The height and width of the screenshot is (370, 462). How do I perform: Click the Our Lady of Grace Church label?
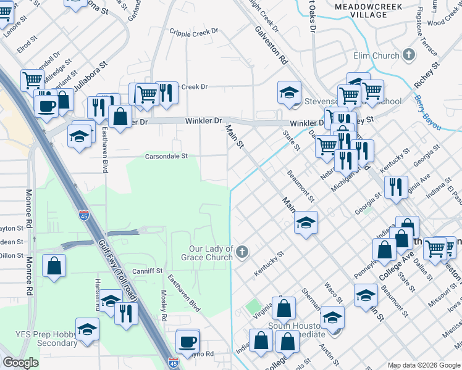[x=211, y=253]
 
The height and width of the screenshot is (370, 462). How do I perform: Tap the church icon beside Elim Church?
[x=408, y=55]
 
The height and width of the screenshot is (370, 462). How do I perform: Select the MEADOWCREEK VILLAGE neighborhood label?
[x=367, y=10]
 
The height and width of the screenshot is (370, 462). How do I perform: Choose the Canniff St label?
[x=146, y=271]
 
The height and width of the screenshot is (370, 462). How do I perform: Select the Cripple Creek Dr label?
[x=194, y=31]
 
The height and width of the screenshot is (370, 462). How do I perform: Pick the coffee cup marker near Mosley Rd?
[x=187, y=341]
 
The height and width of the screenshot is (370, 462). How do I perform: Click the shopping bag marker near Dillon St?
[x=54, y=266]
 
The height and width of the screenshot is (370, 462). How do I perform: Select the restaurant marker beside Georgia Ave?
[x=395, y=186]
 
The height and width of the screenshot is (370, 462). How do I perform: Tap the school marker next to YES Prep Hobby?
[x=87, y=329]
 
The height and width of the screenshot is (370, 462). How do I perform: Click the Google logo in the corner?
[x=20, y=363]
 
